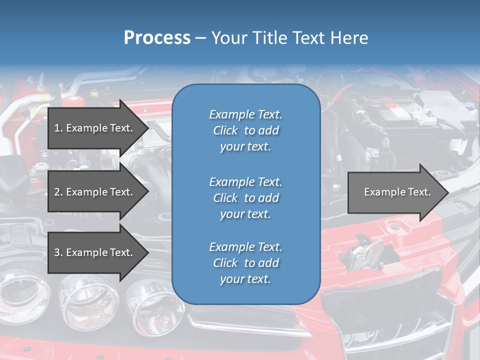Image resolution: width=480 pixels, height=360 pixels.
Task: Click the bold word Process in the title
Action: tap(157, 38)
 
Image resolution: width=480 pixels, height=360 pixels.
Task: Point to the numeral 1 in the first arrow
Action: tap(56, 128)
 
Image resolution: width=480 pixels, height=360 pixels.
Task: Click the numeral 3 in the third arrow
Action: tap(56, 252)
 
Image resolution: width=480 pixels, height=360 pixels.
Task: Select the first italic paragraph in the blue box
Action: tap(245, 130)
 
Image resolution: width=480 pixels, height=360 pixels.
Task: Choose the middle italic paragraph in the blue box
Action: tap(245, 198)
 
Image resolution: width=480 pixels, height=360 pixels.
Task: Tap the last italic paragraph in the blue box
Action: tap(245, 263)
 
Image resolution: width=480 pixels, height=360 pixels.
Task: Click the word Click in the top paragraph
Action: tap(225, 130)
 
